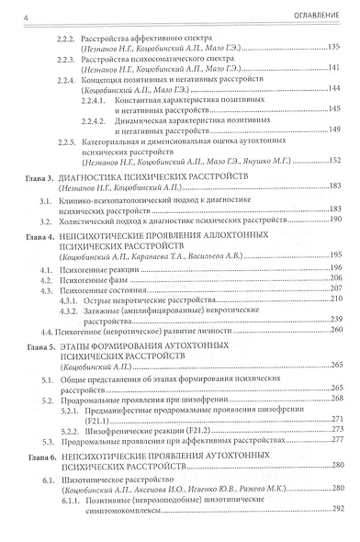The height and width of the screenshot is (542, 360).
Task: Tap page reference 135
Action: (334, 46)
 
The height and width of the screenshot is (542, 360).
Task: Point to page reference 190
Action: (334, 220)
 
